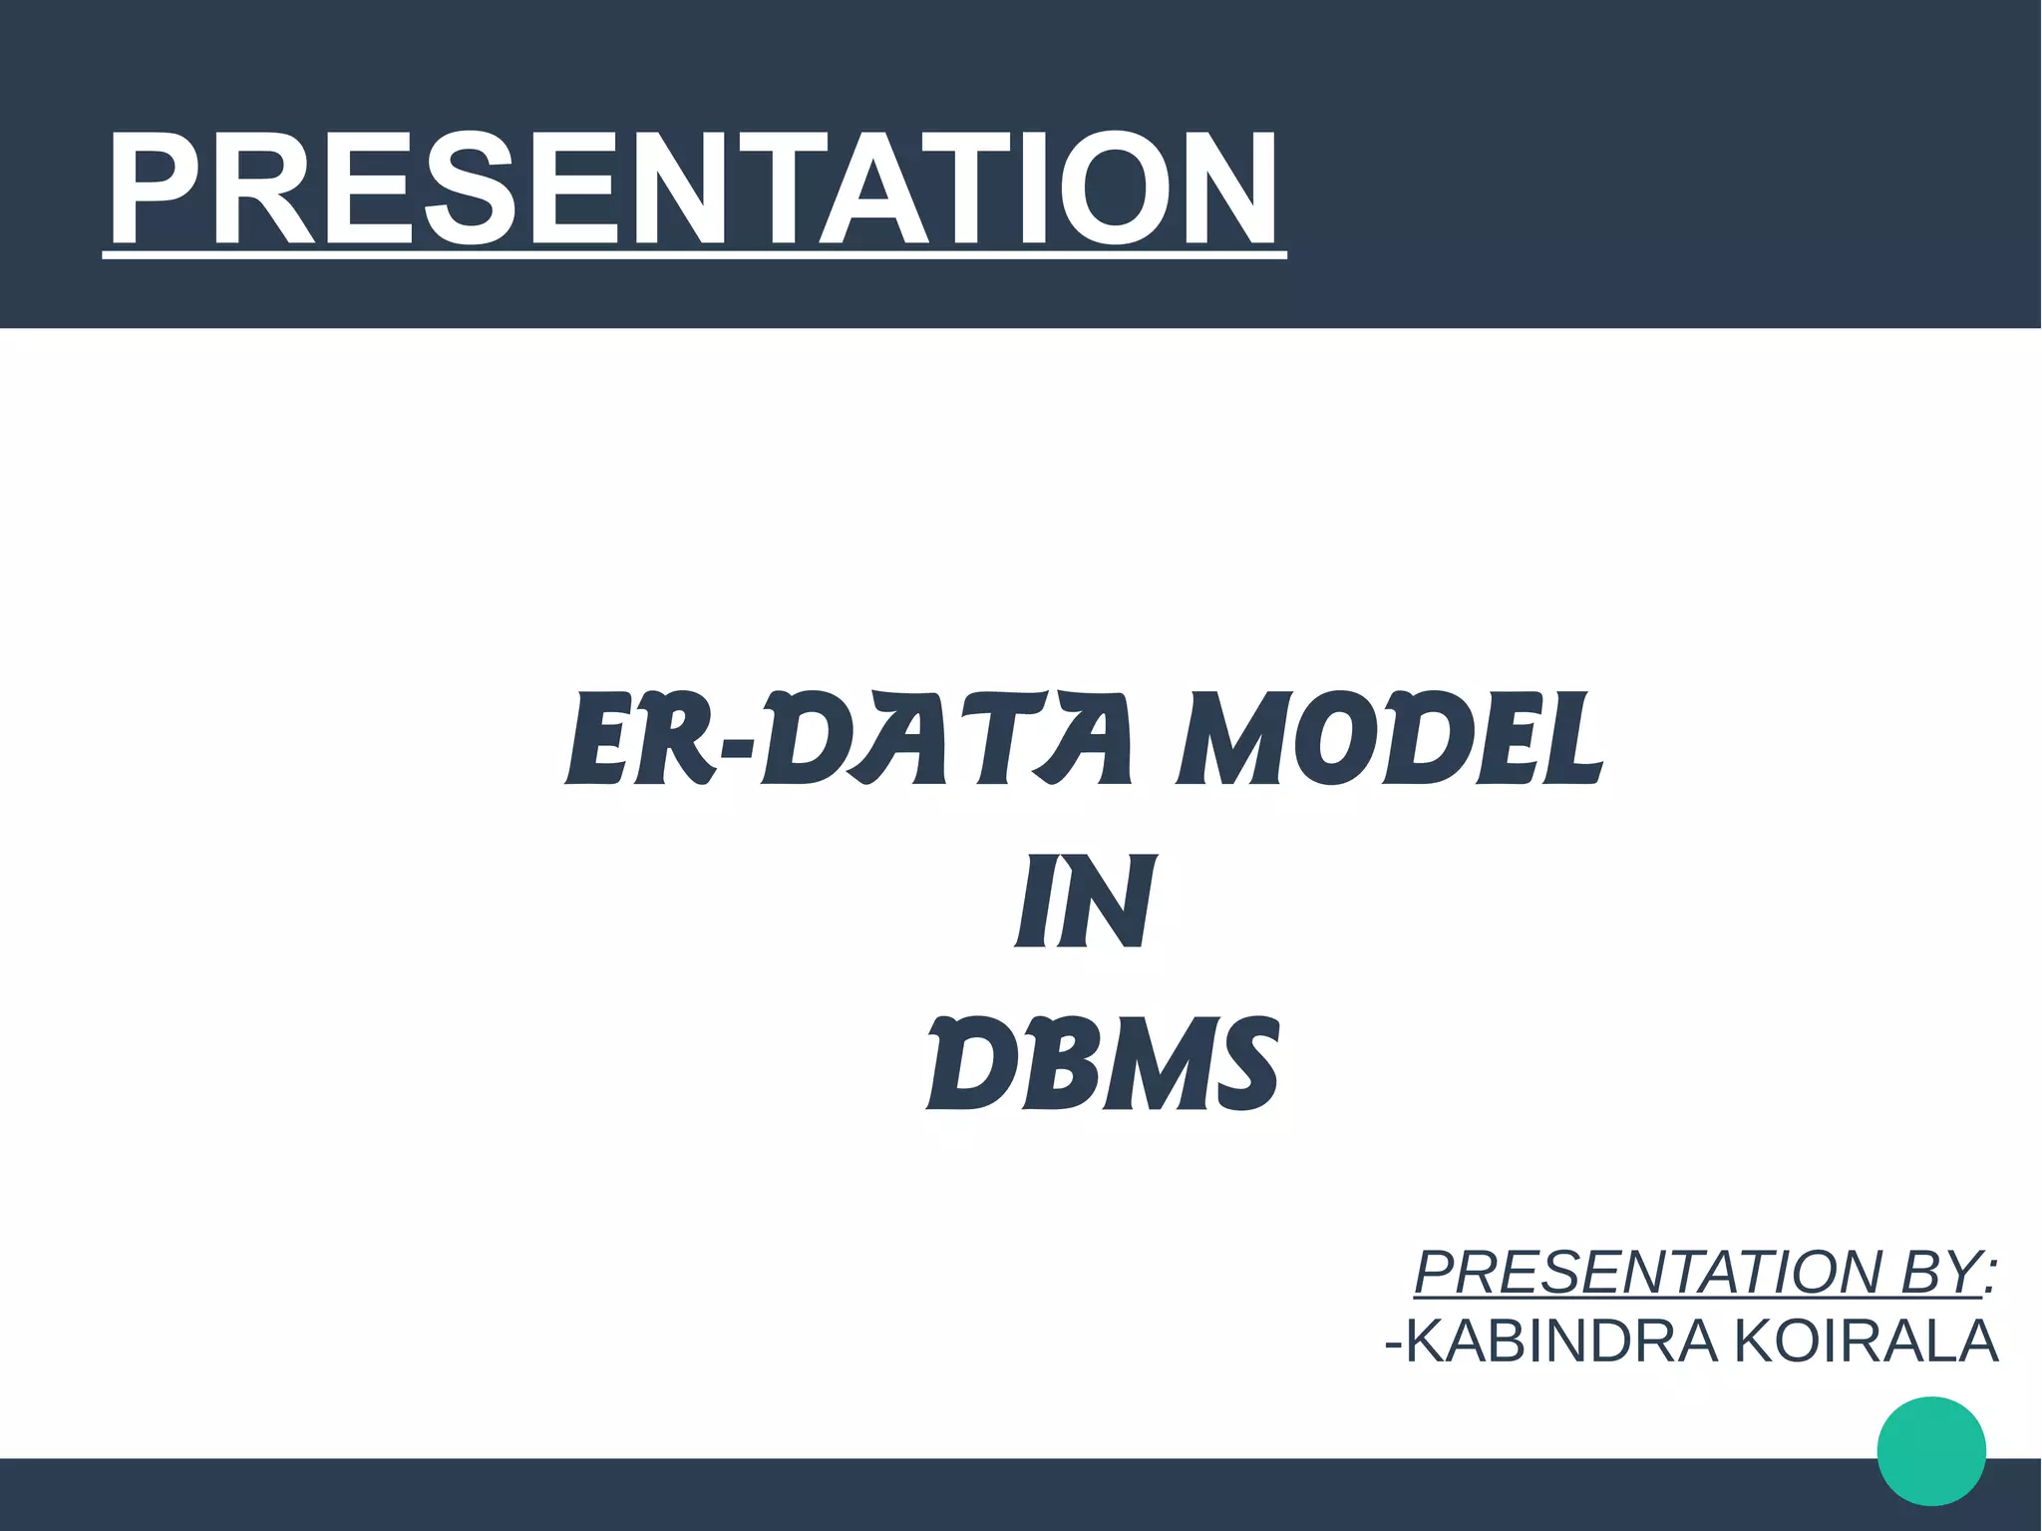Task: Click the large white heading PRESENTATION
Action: point(694,190)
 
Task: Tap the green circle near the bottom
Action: point(1931,1450)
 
